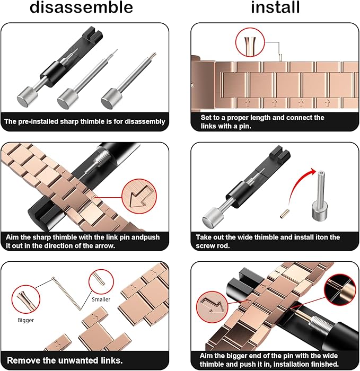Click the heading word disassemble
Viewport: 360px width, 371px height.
pyautogui.click(x=81, y=7)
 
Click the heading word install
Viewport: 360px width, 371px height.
pyautogui.click(x=275, y=7)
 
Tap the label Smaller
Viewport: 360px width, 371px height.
pyautogui.click(x=101, y=299)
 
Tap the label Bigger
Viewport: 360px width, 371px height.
pyautogui.click(x=26, y=320)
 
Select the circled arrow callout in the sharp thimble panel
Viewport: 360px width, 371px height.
pyautogui.click(x=139, y=196)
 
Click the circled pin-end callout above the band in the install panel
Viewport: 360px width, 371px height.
pyautogui.click(x=250, y=42)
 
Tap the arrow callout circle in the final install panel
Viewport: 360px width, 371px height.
pyautogui.click(x=212, y=307)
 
